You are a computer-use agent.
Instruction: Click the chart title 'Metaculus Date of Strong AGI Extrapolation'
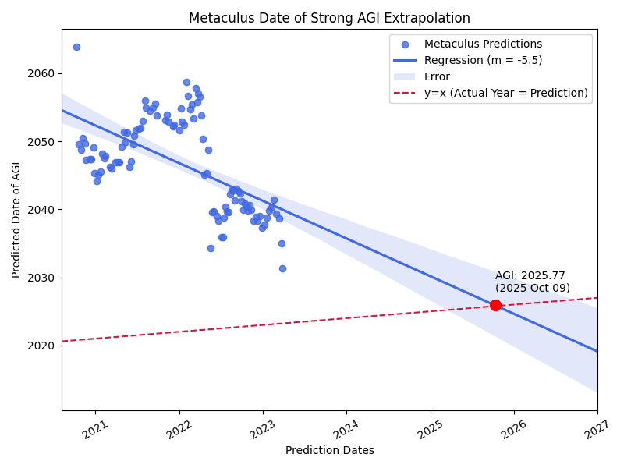329,18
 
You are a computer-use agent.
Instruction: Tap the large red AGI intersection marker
495,305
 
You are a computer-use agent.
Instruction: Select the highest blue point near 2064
76,47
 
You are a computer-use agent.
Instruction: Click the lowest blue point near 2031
282,268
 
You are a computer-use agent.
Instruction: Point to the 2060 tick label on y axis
44,73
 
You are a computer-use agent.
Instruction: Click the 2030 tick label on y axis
44,278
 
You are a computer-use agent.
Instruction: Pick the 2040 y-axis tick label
44,210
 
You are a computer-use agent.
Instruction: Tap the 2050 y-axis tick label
44,142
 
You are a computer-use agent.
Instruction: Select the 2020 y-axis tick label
44,346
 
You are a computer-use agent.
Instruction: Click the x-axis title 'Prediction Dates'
329,450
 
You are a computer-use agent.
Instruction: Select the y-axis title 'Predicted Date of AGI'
16,220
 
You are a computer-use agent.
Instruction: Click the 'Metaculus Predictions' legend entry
483,44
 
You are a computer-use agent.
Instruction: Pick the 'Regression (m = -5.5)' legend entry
483,60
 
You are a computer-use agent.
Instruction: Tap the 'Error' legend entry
437,76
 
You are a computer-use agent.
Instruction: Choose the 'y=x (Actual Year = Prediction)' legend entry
506,93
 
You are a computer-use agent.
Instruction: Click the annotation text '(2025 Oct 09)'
533,289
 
